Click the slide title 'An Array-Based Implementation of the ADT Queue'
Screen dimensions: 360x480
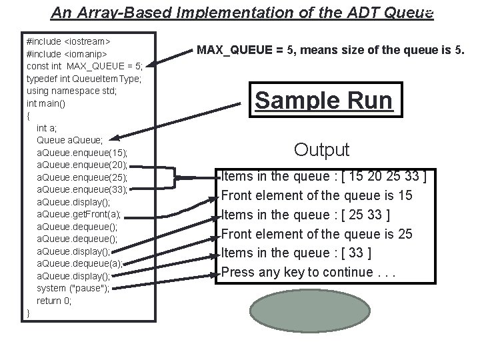click(x=242, y=12)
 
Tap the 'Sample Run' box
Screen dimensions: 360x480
click(x=324, y=100)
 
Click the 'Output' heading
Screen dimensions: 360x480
click(x=322, y=149)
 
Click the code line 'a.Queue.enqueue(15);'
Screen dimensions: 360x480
click(x=82, y=153)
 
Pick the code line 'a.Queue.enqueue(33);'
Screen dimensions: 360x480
click(x=82, y=189)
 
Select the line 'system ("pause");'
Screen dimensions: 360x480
click(x=73, y=288)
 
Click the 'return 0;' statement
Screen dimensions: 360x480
click(x=54, y=301)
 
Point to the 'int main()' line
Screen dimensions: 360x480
click(x=46, y=103)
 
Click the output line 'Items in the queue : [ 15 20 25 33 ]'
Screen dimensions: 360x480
click(x=324, y=177)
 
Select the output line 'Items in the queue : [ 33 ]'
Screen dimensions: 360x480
click(x=296, y=253)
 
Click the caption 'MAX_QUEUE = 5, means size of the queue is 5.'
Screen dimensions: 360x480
click(x=330, y=51)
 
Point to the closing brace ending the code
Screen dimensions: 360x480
click(x=28, y=313)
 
